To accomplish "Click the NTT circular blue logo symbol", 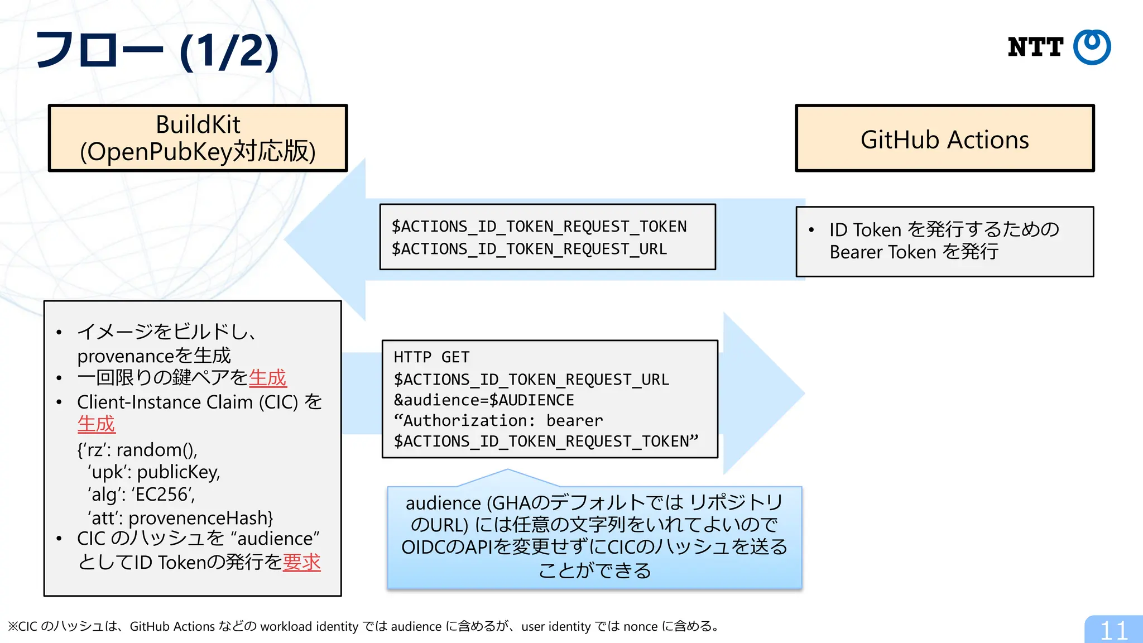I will click(x=1092, y=47).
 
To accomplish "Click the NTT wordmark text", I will click(x=1035, y=47).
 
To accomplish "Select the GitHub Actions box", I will click(x=944, y=138).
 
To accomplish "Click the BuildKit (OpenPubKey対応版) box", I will click(x=198, y=138).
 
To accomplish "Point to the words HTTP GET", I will click(x=431, y=357).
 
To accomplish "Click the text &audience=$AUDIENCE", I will click(x=483, y=400).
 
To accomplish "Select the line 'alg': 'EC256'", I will click(x=141, y=495).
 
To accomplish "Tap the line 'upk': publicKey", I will click(x=153, y=472).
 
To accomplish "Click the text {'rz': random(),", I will click(x=137, y=450).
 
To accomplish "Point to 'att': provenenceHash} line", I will click(x=180, y=518).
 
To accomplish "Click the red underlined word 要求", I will click(x=301, y=562).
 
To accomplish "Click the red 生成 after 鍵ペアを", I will click(x=267, y=378).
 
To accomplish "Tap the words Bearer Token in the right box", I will click(x=882, y=252).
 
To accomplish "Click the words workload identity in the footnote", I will click(x=309, y=627).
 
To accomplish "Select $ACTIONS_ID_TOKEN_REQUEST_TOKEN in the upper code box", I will click(x=539, y=227).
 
